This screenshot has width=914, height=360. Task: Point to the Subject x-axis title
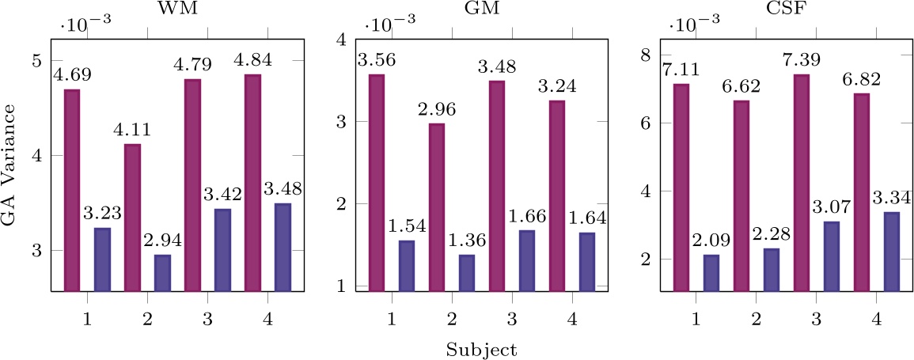480,349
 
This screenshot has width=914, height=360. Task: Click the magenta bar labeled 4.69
72,190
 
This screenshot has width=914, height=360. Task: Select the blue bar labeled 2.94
162,272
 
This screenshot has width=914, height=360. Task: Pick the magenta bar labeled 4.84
252,183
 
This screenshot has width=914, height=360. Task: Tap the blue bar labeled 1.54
406,265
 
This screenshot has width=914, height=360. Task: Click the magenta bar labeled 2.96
436,207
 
